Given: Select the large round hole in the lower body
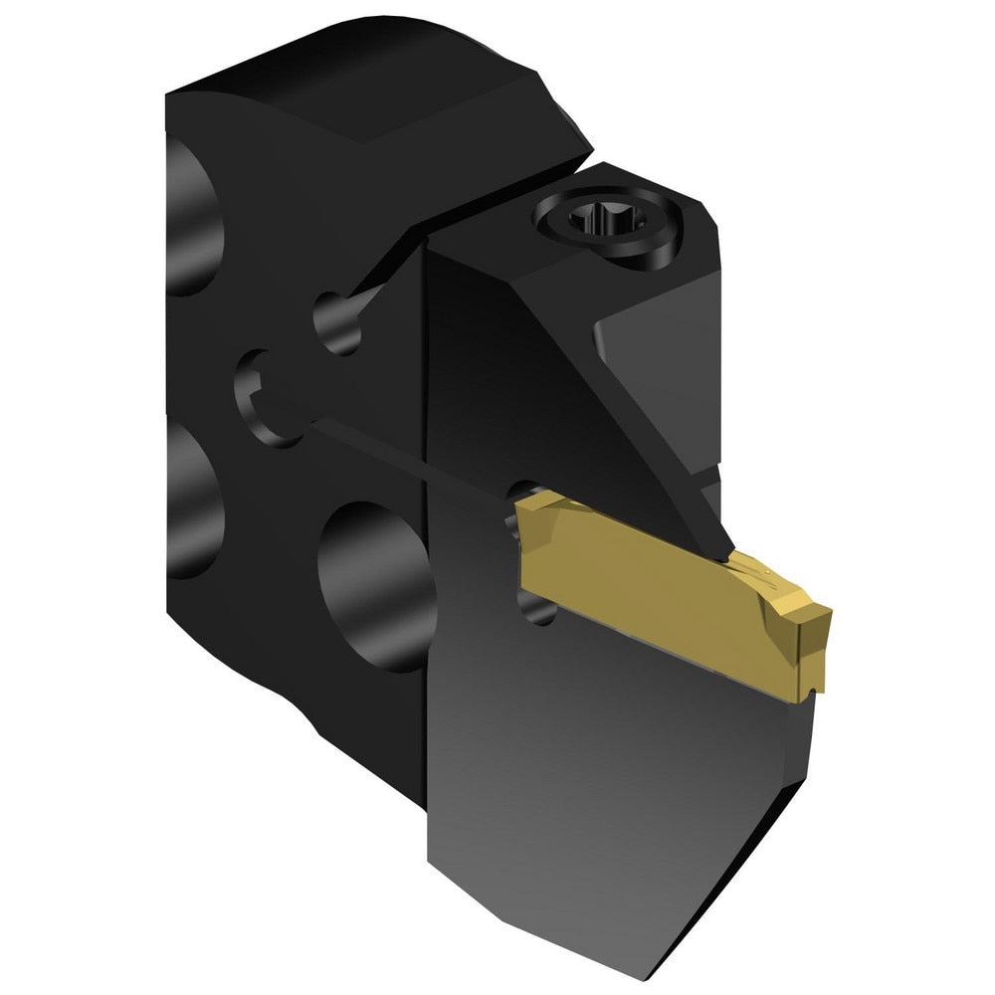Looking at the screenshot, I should [373, 587].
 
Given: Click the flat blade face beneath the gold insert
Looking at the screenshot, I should [597, 756].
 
